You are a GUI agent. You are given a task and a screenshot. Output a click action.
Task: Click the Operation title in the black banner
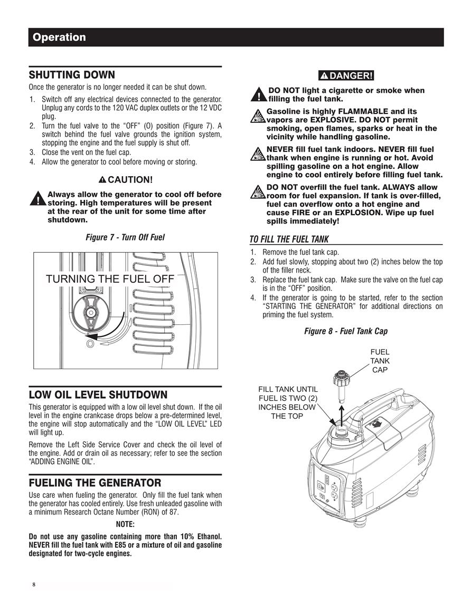click(x=59, y=37)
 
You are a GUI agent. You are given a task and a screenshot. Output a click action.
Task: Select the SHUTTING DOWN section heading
click(x=72, y=74)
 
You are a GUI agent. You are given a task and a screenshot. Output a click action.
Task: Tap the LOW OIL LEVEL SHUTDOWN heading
click(x=98, y=394)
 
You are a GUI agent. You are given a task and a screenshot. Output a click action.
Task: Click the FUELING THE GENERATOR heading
click(x=95, y=483)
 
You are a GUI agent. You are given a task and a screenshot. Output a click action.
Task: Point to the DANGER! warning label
click(x=346, y=76)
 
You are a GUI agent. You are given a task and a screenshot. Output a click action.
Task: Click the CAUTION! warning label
click(x=125, y=180)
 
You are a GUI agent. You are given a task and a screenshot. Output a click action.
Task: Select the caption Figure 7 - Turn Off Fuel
click(x=125, y=237)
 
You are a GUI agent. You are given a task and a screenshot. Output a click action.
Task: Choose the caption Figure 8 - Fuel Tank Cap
click(x=346, y=331)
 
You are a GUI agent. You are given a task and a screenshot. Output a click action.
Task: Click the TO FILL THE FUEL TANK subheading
click(x=289, y=239)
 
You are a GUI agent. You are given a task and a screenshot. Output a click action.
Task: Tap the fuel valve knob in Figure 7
click(x=91, y=313)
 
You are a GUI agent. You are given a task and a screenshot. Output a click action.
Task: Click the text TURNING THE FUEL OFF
click(x=110, y=279)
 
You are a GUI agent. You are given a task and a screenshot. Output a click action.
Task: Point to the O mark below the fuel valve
click(x=90, y=344)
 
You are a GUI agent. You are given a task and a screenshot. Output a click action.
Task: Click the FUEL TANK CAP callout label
click(x=380, y=361)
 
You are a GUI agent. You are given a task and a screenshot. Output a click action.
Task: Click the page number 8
click(x=34, y=585)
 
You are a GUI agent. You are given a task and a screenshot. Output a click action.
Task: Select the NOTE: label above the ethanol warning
click(x=125, y=524)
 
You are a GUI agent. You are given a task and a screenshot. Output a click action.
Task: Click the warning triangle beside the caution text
click(x=37, y=198)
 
